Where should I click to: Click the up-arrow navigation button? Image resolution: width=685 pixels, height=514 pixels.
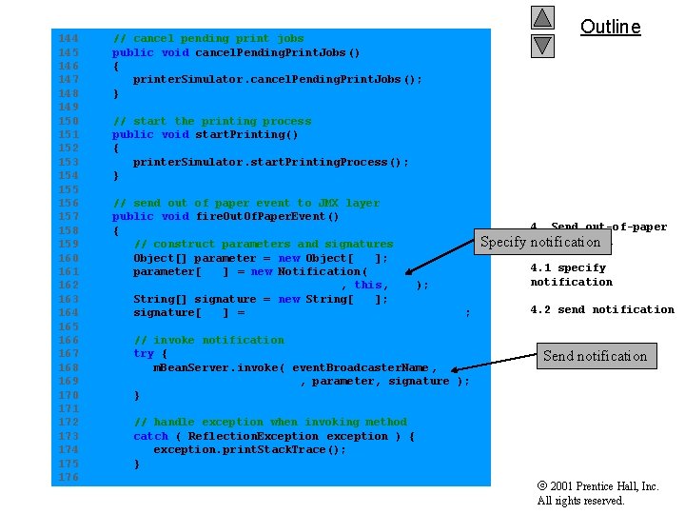(542, 18)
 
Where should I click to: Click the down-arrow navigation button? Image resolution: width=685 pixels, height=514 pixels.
(542, 44)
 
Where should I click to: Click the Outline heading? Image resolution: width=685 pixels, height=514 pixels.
(610, 27)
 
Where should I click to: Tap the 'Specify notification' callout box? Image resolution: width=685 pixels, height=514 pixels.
(540, 242)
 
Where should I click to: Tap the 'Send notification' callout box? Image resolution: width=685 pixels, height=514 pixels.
(595, 356)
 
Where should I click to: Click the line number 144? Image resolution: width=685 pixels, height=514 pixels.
(68, 39)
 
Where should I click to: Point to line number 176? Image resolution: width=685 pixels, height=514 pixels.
(68, 477)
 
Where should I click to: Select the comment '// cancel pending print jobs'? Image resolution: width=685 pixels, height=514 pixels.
(208, 39)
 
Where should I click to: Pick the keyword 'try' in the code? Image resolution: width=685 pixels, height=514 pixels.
(143, 354)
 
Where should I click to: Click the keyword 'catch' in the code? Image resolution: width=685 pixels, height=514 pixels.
(150, 436)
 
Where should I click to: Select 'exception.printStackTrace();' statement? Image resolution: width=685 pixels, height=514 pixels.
(249, 450)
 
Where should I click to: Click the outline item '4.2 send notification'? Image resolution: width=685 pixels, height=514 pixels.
(601, 309)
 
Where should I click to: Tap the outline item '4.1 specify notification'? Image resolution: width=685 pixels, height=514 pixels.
(571, 275)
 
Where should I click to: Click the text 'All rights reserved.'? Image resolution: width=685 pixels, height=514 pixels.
(580, 501)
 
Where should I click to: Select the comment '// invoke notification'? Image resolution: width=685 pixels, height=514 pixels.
(208, 340)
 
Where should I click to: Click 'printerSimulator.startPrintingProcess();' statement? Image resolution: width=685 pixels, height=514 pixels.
(270, 162)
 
